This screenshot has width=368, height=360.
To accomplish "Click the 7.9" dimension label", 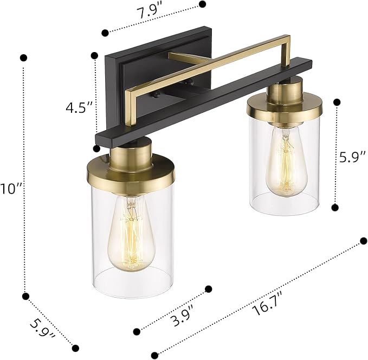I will click(x=151, y=14).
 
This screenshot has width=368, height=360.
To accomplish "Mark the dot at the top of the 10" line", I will click(x=23, y=57).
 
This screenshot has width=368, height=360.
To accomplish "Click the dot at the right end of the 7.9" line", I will click(x=203, y=4).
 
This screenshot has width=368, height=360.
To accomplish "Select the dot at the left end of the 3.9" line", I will click(x=136, y=329).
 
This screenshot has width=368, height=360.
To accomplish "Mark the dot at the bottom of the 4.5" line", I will click(x=96, y=148).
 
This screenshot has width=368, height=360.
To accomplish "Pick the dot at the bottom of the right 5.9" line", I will click(x=335, y=207).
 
